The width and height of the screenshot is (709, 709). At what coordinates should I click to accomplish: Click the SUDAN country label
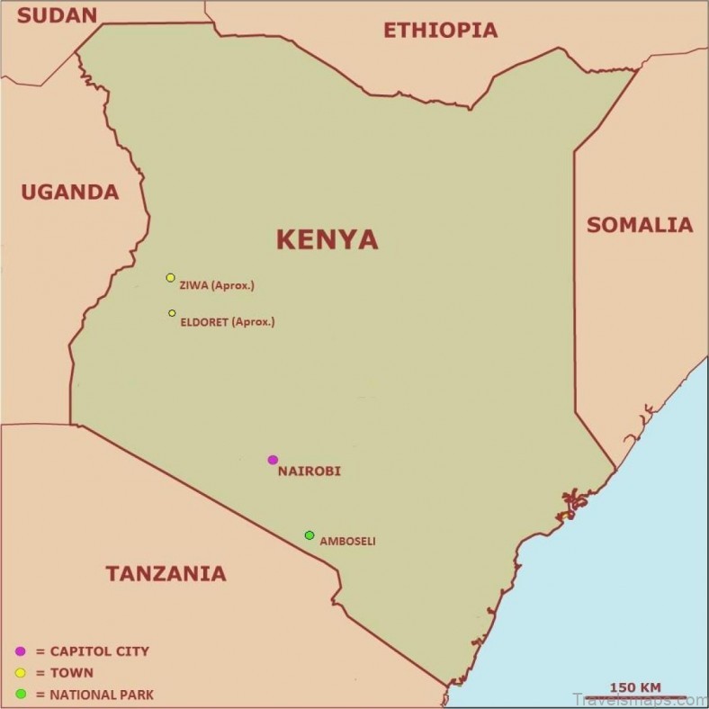point(57,13)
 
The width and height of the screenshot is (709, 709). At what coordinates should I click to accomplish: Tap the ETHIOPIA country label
point(440,31)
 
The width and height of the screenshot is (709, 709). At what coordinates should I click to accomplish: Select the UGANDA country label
point(69,192)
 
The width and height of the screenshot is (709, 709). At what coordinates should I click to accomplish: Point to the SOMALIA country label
point(640,225)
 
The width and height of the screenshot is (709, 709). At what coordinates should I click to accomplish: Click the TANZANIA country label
point(166,573)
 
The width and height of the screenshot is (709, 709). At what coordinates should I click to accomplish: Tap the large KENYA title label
point(327,239)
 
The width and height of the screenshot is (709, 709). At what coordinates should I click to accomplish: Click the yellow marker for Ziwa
point(170,278)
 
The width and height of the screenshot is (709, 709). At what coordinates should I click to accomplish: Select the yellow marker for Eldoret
point(172,313)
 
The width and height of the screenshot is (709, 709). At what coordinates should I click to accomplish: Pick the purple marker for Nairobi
point(273,460)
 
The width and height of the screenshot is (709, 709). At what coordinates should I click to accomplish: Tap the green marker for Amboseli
point(310,535)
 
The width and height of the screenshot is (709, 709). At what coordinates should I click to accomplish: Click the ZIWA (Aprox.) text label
point(217,286)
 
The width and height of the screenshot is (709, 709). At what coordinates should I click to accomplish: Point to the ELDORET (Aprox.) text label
point(228,321)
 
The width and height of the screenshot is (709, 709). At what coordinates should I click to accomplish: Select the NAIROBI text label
point(310,471)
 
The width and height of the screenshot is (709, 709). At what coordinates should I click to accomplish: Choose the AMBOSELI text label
point(347,542)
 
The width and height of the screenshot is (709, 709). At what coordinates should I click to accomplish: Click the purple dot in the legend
point(20,651)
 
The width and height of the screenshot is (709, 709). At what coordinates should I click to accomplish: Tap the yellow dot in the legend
point(20,672)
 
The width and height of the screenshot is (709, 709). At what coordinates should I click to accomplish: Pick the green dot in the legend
point(20,694)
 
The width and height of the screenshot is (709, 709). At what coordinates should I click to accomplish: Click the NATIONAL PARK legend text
point(101,695)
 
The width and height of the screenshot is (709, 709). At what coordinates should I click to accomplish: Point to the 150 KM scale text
point(634,688)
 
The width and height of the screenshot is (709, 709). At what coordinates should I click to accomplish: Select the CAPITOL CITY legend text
point(99,651)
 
